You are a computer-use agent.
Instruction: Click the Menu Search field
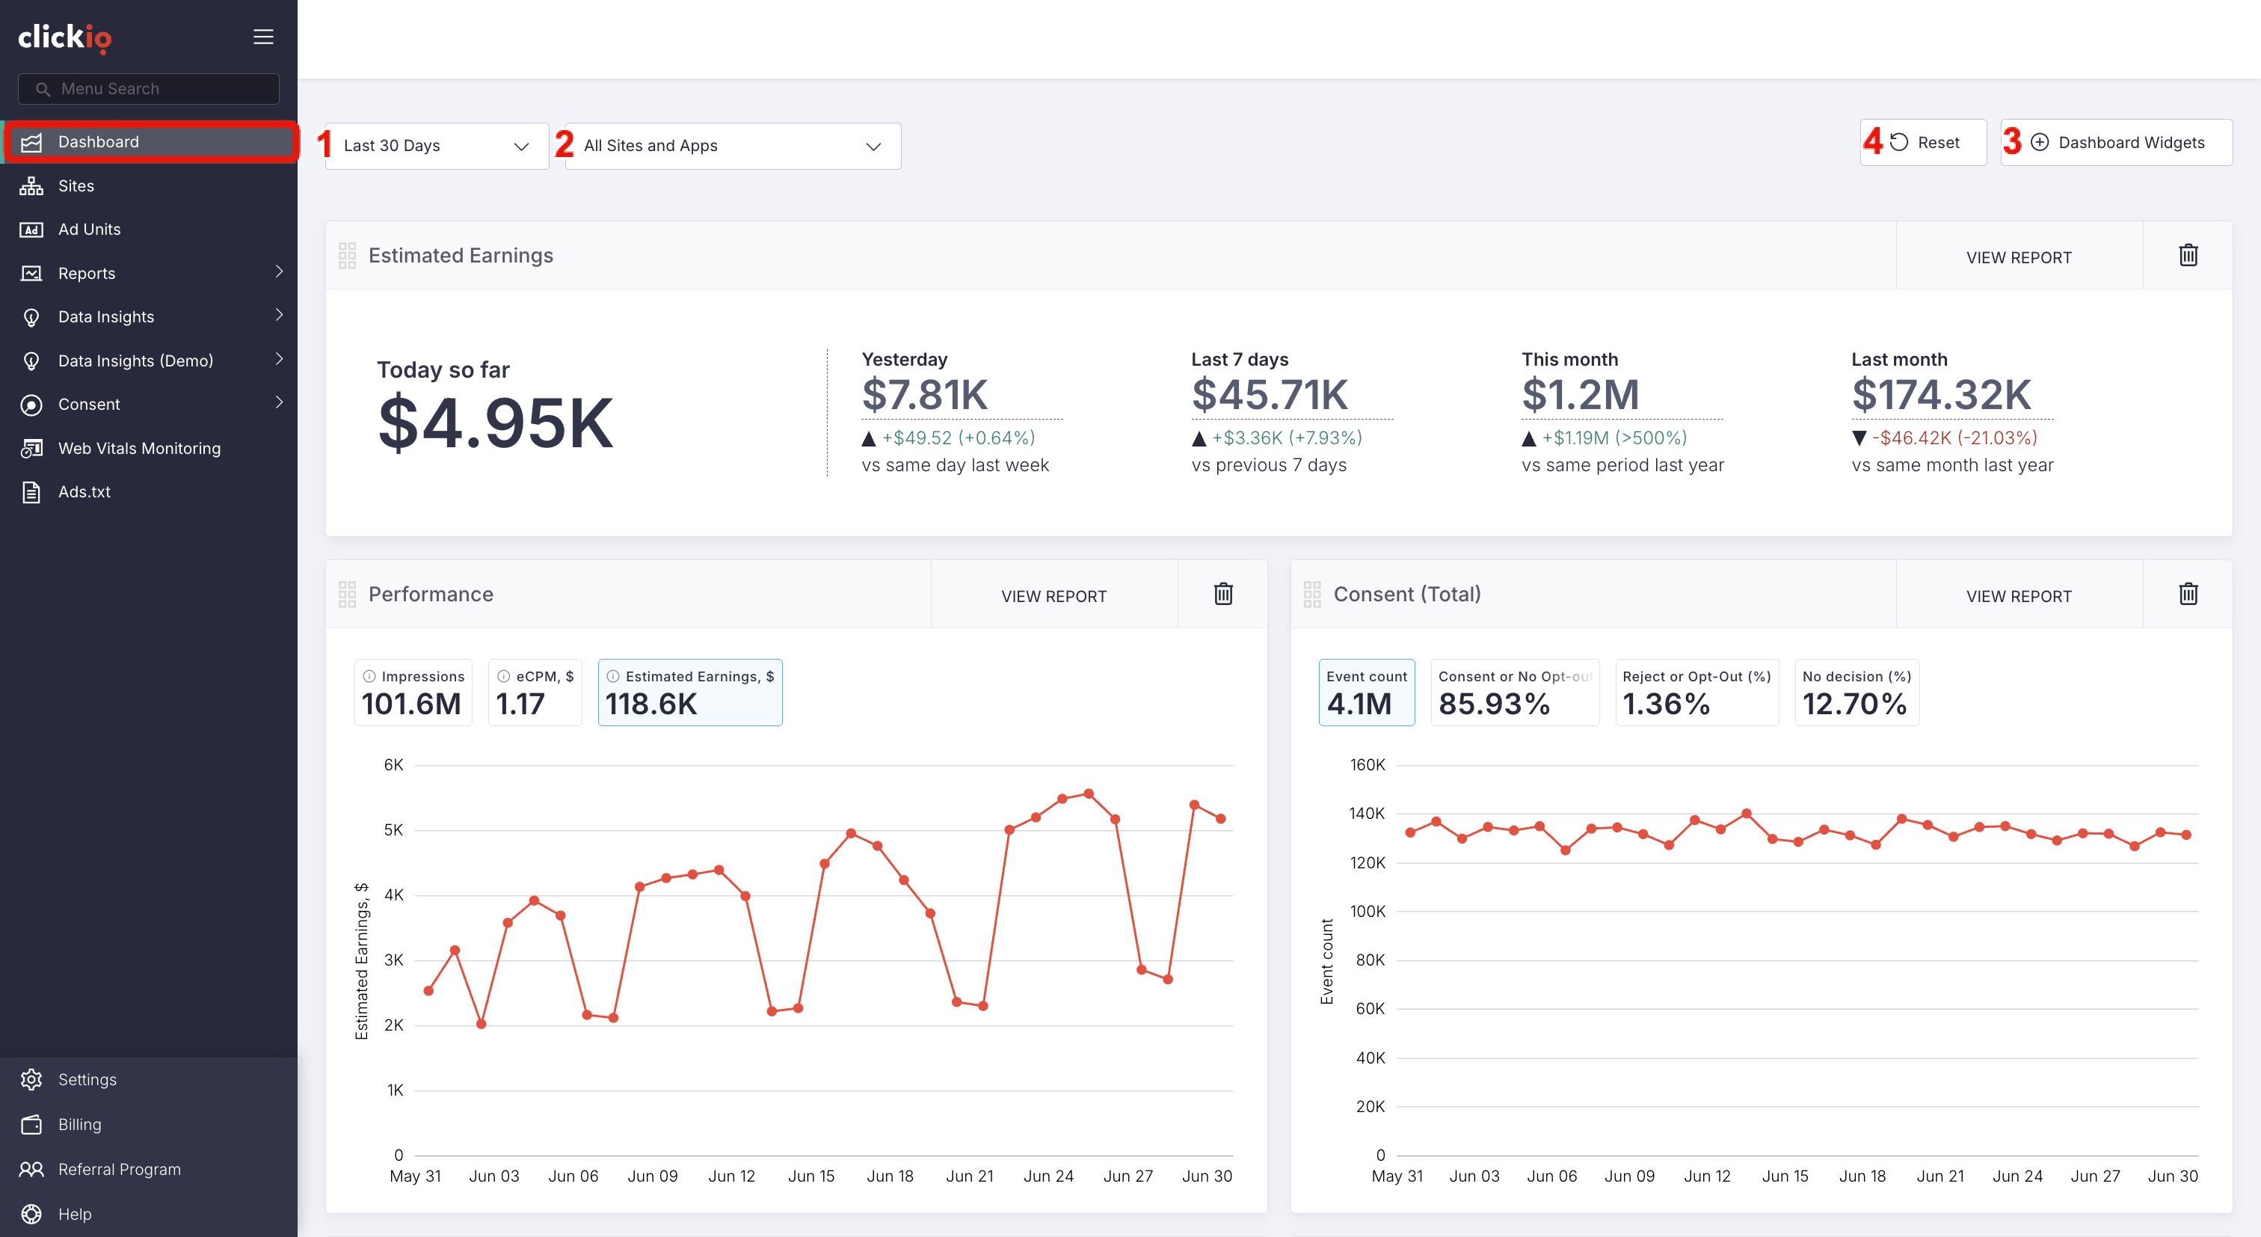pyautogui.click(x=148, y=89)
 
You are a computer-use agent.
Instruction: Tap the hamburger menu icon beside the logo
pyautogui.click(x=263, y=37)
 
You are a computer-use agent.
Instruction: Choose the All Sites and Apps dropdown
pyautogui.click(x=733, y=146)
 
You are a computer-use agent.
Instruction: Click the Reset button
pyautogui.click(x=1924, y=142)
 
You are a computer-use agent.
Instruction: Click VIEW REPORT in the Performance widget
pyautogui.click(x=1053, y=596)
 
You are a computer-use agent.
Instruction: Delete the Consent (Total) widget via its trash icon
pyautogui.click(x=2188, y=594)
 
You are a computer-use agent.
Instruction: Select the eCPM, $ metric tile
pyautogui.click(x=535, y=693)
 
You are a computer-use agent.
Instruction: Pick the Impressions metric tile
pyautogui.click(x=413, y=693)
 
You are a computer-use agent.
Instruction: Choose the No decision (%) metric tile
pyautogui.click(x=1857, y=693)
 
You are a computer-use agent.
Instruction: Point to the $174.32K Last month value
pyautogui.click(x=1942, y=395)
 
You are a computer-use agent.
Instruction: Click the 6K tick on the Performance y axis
pyautogui.click(x=393, y=764)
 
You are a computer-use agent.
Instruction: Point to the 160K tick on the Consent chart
pyautogui.click(x=1368, y=764)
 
